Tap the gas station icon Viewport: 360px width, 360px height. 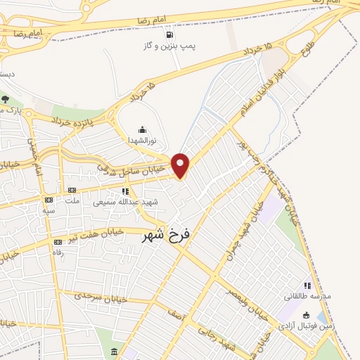[168, 34]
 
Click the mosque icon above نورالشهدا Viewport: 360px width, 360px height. [143, 129]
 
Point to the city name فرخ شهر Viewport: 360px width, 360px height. [167, 234]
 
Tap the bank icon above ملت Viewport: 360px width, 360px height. [72, 190]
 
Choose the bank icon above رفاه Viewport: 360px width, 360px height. [58, 242]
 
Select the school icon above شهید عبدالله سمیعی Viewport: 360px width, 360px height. [126, 191]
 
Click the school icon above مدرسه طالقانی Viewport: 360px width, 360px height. [307, 285]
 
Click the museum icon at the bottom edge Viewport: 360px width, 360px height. [115, 351]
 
